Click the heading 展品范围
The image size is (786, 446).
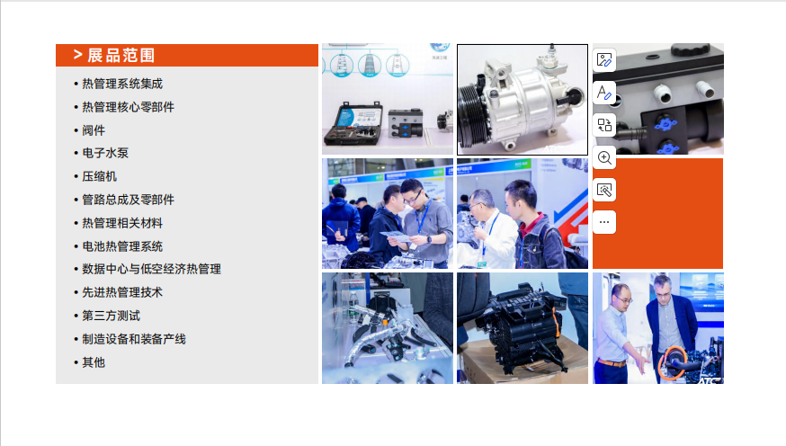point(121,55)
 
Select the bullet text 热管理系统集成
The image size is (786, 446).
point(122,84)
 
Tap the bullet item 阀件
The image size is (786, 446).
point(94,130)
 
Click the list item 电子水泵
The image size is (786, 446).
point(105,153)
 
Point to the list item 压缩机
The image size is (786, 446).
point(99,176)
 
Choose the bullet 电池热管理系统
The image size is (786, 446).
point(122,246)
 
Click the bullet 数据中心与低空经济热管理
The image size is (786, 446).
point(151,269)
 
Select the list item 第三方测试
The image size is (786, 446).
point(111,316)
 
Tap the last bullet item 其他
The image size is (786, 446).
point(94,362)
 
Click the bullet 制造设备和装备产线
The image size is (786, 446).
point(134,339)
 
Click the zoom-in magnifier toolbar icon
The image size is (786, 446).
point(604,158)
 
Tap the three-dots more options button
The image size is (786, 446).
point(604,222)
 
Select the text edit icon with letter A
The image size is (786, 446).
point(604,93)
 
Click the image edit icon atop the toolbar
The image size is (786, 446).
point(604,60)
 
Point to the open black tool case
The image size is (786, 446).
point(353,124)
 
